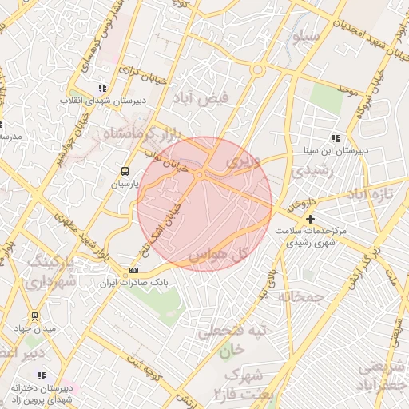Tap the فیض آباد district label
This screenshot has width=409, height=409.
(200, 98)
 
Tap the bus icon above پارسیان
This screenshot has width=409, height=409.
(124, 171)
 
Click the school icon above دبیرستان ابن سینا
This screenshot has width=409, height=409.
(335, 137)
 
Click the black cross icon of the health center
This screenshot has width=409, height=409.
(310, 218)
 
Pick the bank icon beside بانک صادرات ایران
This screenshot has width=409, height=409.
(133, 270)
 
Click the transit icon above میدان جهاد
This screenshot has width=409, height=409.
(34, 316)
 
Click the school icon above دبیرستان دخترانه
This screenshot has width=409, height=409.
(42, 375)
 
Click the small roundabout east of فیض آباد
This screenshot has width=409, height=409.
(257, 70)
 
